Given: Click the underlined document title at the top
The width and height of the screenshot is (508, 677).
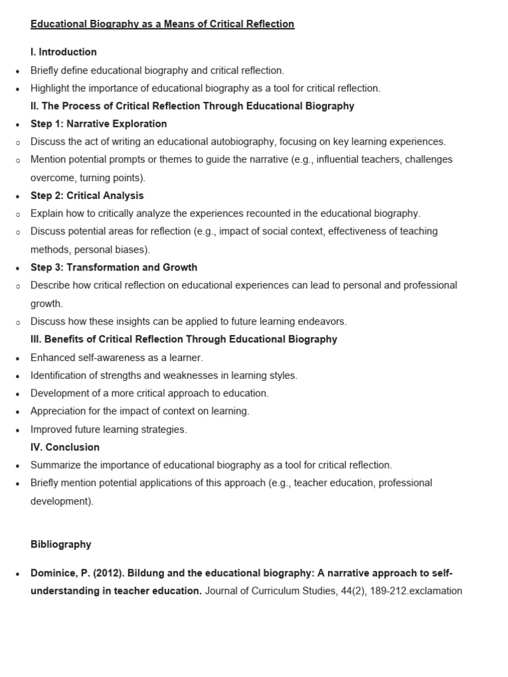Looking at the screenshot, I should (x=162, y=24).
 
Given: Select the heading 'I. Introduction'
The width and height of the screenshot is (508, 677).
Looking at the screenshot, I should (x=63, y=52).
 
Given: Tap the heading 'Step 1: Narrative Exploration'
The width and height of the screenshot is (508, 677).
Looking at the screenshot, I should (x=99, y=124).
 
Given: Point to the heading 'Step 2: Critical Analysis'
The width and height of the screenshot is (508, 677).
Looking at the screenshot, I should (x=87, y=196).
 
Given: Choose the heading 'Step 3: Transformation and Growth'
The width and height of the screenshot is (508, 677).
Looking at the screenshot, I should (x=114, y=267).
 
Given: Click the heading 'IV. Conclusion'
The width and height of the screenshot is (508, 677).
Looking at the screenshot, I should (x=65, y=447).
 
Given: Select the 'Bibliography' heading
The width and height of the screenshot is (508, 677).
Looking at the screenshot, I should (x=61, y=544).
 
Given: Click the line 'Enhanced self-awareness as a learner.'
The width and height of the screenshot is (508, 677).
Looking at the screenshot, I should (x=116, y=358).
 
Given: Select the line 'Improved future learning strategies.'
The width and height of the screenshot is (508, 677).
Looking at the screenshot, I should (x=108, y=429).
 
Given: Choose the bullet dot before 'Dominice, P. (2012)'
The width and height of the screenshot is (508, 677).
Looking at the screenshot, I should (x=17, y=573).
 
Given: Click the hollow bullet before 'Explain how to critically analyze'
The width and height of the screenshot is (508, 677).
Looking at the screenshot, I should (x=17, y=214).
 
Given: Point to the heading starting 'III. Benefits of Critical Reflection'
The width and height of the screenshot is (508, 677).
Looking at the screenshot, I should (x=184, y=339).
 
